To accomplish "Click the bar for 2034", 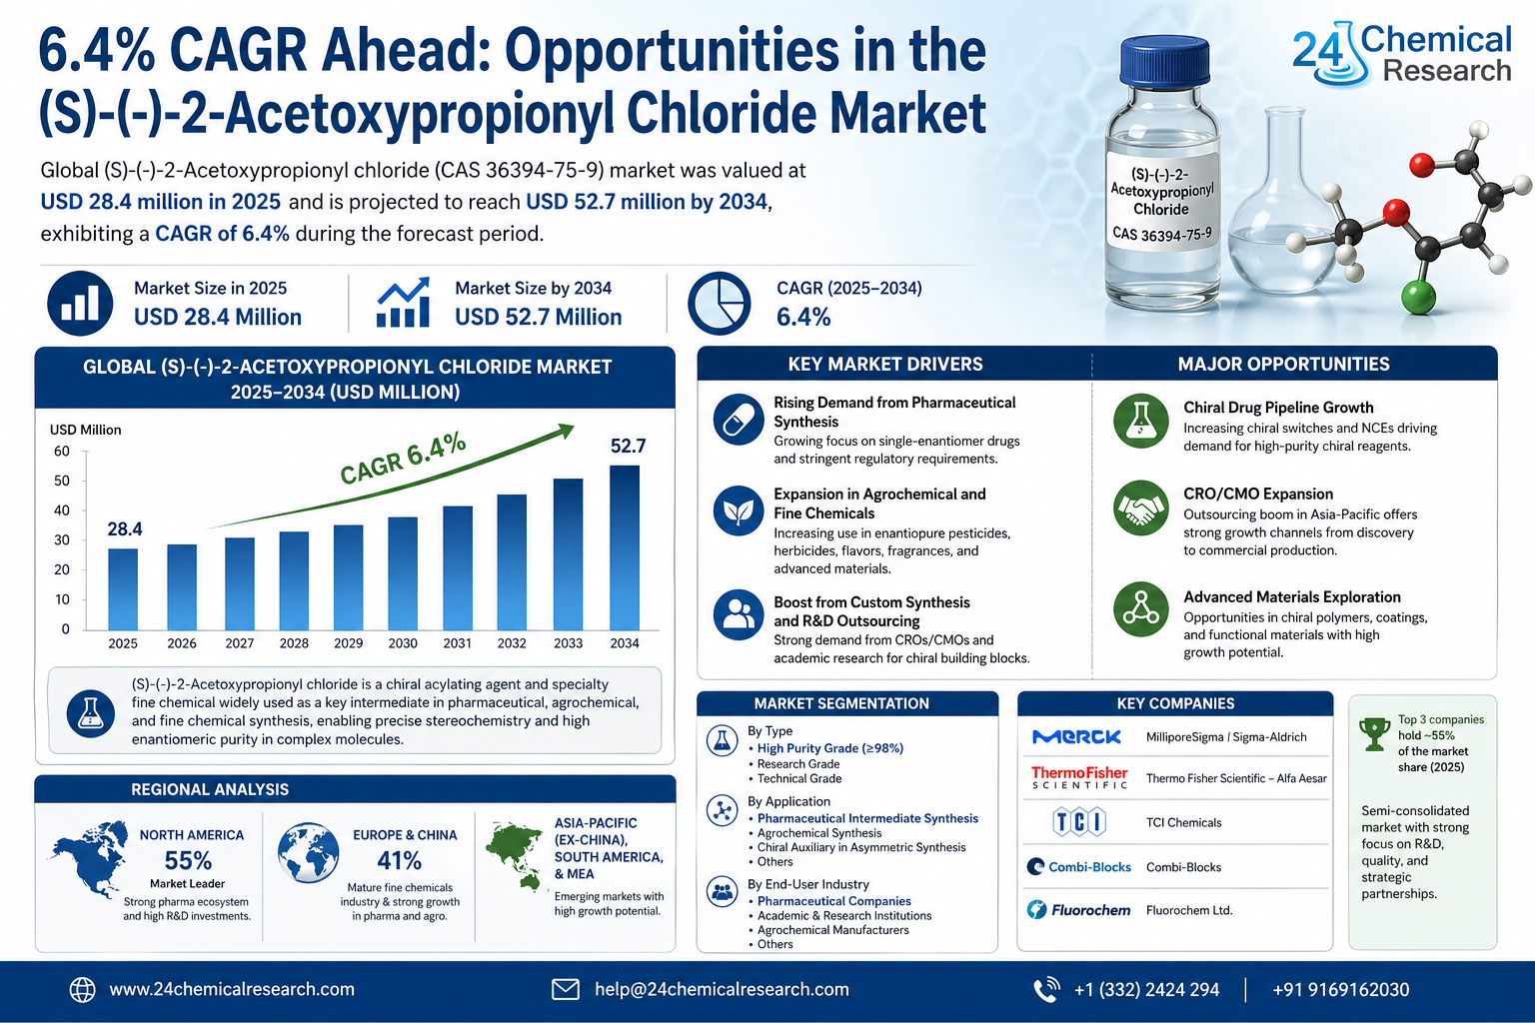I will (x=625, y=547).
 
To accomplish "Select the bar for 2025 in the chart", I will (x=123, y=588).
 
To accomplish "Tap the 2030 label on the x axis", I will (x=403, y=643).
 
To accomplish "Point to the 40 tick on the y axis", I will (x=62, y=511).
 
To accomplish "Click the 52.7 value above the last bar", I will (x=628, y=446).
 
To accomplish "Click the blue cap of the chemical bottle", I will (x=1165, y=61).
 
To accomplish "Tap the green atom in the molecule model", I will (x=1418, y=297).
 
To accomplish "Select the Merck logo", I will (x=1077, y=737).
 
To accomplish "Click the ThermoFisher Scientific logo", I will (x=1079, y=777).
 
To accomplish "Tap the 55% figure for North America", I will (x=188, y=860).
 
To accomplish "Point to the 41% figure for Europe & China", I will (x=399, y=860).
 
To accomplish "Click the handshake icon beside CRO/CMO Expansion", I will (x=1140, y=509).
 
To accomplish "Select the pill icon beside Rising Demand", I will (x=739, y=420).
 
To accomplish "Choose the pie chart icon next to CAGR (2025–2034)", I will (x=719, y=303).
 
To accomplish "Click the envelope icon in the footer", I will (x=566, y=989).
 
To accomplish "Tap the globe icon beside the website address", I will (x=82, y=989).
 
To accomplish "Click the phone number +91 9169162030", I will (x=1340, y=989).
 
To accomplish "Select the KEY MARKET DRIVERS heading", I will (x=884, y=364).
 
